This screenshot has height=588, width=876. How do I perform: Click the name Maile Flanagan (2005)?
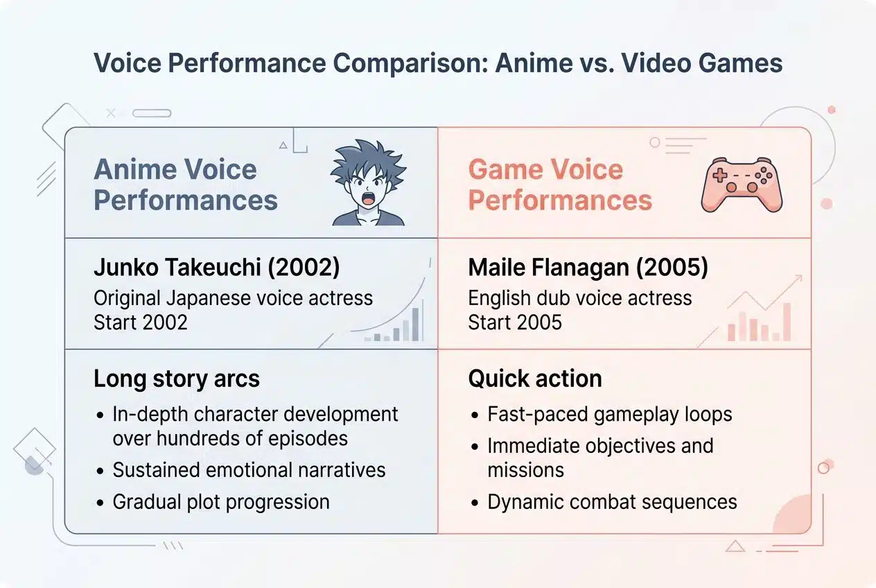point(588,268)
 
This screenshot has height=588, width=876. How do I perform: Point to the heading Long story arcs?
point(177,379)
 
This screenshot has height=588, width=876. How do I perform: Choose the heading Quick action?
point(535,379)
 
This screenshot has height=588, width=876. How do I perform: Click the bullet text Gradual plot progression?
point(221,501)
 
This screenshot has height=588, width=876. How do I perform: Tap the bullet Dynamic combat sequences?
point(612,501)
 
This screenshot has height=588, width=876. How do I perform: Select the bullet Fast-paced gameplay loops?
point(609,414)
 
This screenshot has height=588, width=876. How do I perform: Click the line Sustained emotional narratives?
point(249,469)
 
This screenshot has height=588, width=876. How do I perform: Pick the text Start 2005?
point(515,322)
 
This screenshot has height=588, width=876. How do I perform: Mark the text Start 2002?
point(141,322)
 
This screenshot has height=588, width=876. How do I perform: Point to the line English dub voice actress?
point(580,298)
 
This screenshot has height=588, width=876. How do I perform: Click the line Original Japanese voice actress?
point(233,298)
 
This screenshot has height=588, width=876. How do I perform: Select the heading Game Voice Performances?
point(560,184)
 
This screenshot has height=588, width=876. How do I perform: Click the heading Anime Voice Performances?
point(186,184)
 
